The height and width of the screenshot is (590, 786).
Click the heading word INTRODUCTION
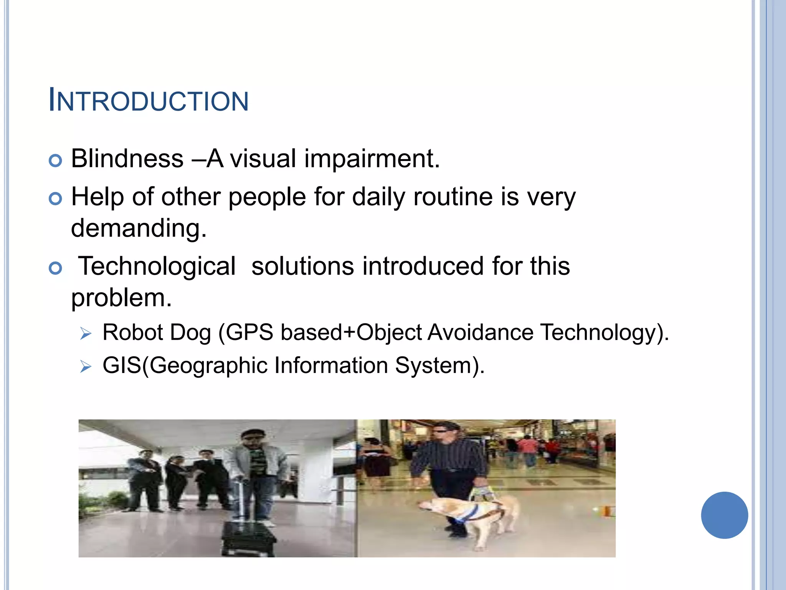click(149, 101)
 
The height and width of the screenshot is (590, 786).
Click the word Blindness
click(127, 159)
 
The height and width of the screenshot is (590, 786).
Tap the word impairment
click(372, 159)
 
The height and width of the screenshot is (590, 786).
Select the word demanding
click(139, 228)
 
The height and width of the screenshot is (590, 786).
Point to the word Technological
click(157, 266)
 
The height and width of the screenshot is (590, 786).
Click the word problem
click(121, 298)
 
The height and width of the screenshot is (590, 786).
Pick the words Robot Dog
click(157, 332)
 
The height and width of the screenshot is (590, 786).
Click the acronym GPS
click(249, 332)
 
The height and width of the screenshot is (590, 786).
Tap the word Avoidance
click(480, 332)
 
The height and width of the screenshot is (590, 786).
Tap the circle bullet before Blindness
click(56, 161)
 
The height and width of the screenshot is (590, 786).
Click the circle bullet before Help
click(56, 199)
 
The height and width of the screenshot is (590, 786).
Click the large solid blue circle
click(724, 515)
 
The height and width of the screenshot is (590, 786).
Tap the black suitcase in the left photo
click(249, 538)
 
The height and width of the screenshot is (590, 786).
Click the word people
click(267, 197)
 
